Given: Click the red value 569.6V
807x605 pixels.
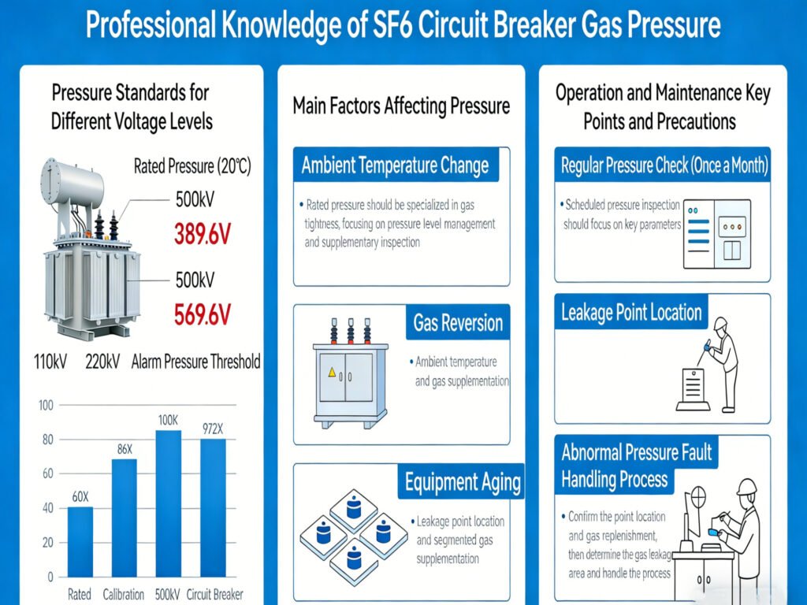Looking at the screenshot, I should (202, 314).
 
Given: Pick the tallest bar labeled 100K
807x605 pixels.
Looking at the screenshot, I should (168, 503).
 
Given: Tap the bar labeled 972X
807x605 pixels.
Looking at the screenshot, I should (213, 507).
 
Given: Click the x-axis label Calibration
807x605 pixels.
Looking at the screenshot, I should (125, 594).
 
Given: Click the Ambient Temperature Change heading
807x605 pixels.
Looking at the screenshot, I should (395, 166).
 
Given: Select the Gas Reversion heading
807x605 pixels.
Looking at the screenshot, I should (458, 323).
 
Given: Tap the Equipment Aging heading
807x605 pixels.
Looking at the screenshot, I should (463, 482).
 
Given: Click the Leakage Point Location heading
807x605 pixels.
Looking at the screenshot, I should (631, 313).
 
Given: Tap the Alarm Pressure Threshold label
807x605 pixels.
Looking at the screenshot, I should (195, 362).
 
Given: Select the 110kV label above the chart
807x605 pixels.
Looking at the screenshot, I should (50, 362).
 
